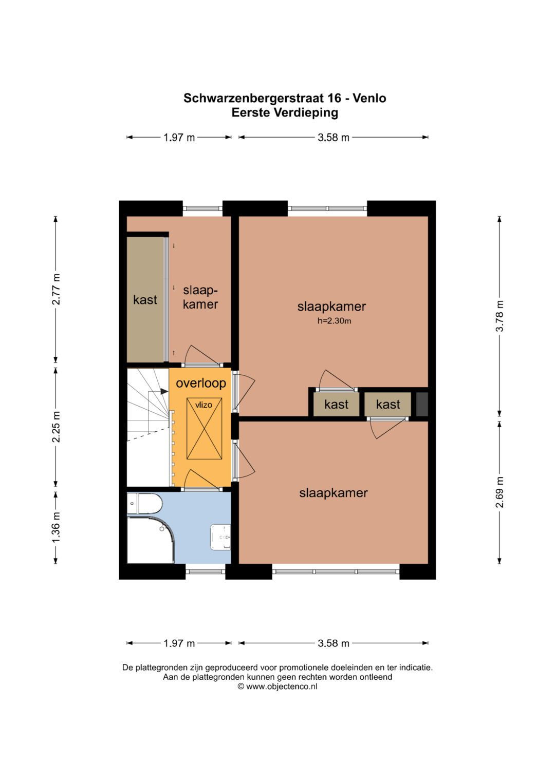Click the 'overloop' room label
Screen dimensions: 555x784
tap(201, 383)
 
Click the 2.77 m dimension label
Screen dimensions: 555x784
tap(55, 290)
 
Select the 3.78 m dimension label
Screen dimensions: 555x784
tap(499, 316)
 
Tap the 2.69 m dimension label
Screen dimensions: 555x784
tap(499, 492)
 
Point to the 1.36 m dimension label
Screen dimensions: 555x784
tap(55, 527)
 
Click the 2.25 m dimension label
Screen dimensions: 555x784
tap(55, 427)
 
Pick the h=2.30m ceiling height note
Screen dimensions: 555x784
tap(334, 320)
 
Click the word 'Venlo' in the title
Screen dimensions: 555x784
tap(369, 99)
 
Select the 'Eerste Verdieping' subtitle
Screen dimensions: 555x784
tap(285, 113)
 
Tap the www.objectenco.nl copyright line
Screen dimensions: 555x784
tap(277, 686)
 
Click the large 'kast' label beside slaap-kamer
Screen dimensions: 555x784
tap(145, 300)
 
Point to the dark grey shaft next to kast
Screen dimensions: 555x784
tap(422, 404)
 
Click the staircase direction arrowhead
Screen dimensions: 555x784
tap(164, 392)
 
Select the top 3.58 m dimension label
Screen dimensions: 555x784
tap(334, 138)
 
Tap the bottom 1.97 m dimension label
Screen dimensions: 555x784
tap(179, 643)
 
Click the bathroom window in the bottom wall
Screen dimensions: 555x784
tap(206, 571)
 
